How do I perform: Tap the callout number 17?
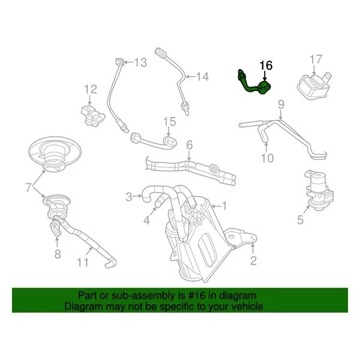point(316,59)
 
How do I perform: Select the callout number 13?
point(140,62)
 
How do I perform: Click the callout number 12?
point(90,89)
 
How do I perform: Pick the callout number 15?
point(170,122)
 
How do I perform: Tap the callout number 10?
point(267,158)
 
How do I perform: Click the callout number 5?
point(300,220)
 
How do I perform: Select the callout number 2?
point(253,260)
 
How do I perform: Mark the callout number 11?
point(82,262)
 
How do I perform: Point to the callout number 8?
point(58,254)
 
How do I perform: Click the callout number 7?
point(29,188)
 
